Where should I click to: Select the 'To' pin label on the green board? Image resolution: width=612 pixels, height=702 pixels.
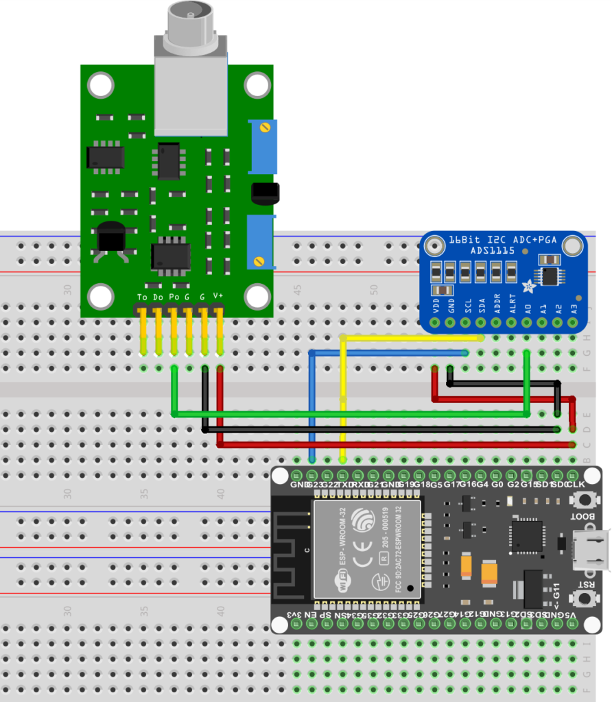[x=142, y=298]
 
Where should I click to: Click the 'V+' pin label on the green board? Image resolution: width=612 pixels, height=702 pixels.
[x=218, y=296]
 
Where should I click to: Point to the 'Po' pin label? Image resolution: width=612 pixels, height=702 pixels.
[x=173, y=298]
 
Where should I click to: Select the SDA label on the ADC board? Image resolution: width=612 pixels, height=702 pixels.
[x=482, y=304]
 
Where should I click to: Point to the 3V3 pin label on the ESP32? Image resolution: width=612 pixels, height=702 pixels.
[x=293, y=615]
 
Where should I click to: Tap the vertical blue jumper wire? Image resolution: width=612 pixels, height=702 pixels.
[x=312, y=404]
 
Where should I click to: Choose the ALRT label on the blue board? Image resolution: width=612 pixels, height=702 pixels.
[x=513, y=304]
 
